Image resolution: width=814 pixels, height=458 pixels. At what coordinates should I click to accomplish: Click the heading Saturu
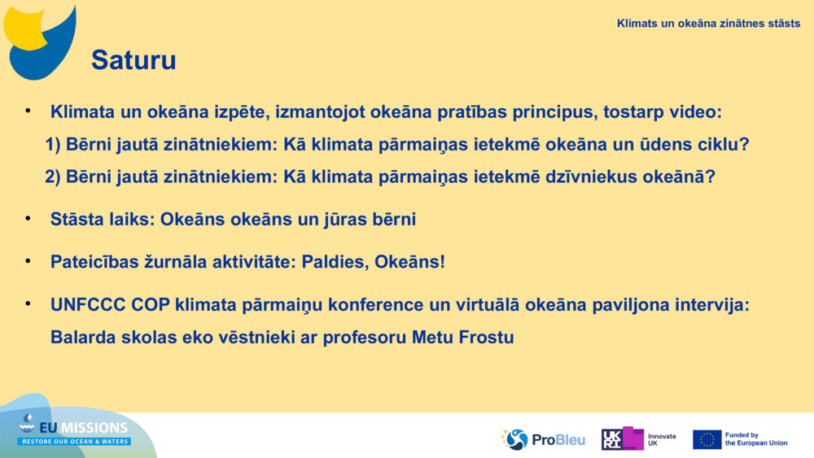[x=134, y=60]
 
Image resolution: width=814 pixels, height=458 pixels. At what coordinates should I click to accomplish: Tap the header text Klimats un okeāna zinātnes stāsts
[x=708, y=24]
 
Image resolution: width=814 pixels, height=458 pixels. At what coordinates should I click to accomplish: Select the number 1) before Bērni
[x=53, y=145]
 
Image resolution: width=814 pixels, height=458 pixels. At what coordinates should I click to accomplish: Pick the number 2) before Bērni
[x=53, y=177]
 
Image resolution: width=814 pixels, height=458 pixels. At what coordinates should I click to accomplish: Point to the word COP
[x=151, y=305]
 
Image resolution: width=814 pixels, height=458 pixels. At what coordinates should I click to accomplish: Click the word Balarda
[x=83, y=338]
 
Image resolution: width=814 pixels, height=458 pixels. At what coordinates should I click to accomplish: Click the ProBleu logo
[x=543, y=440]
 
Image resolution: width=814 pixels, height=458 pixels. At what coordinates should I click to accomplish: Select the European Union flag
[x=707, y=440]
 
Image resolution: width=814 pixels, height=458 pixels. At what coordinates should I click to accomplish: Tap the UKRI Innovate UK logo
[x=638, y=438]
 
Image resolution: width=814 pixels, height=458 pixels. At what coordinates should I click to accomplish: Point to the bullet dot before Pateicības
[x=28, y=260]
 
